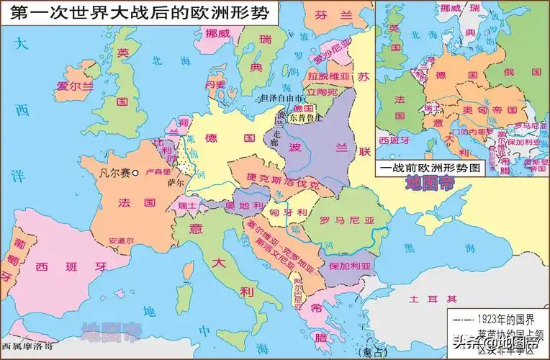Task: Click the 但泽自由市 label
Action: coord(282,98)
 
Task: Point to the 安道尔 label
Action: coord(121,240)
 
